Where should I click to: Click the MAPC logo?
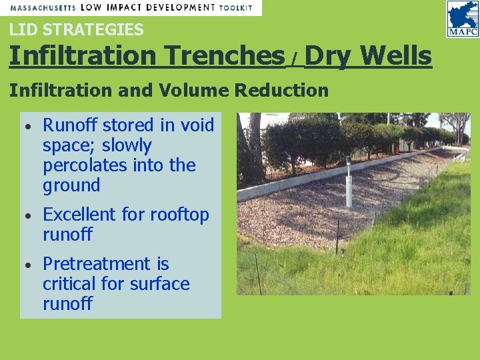(x=463, y=19)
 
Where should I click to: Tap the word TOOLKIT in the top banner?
(x=237, y=7)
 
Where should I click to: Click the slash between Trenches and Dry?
(x=293, y=60)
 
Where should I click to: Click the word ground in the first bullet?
(x=71, y=185)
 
